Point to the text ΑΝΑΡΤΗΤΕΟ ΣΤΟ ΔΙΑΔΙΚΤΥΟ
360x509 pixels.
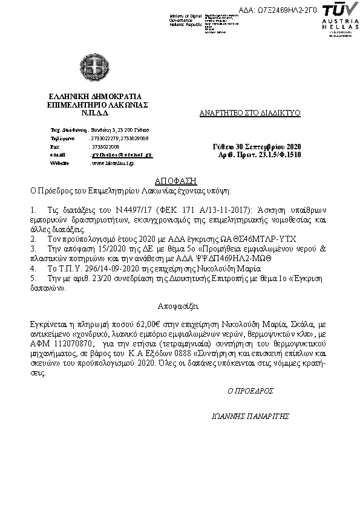pos(250,113)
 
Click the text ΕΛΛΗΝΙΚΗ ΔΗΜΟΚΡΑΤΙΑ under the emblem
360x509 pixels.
pos(96,96)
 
